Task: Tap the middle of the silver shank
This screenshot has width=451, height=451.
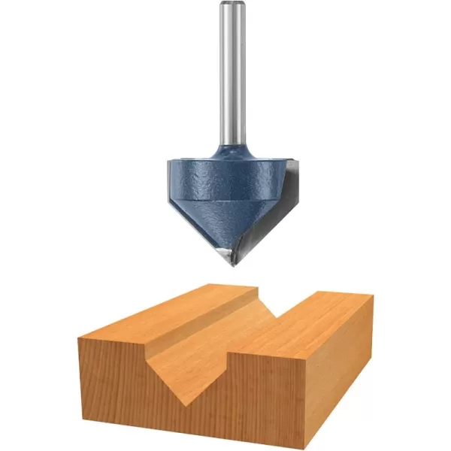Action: (232, 75)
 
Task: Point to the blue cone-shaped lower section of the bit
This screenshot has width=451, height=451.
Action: (210, 222)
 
